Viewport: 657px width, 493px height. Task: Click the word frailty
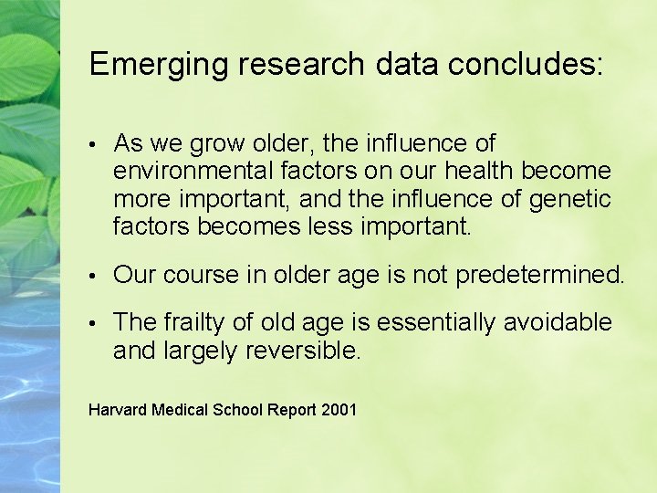[x=192, y=322]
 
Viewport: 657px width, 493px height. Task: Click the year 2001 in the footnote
[x=339, y=410]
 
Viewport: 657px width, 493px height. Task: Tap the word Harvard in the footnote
[x=117, y=410]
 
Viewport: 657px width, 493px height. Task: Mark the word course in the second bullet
[x=197, y=275]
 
